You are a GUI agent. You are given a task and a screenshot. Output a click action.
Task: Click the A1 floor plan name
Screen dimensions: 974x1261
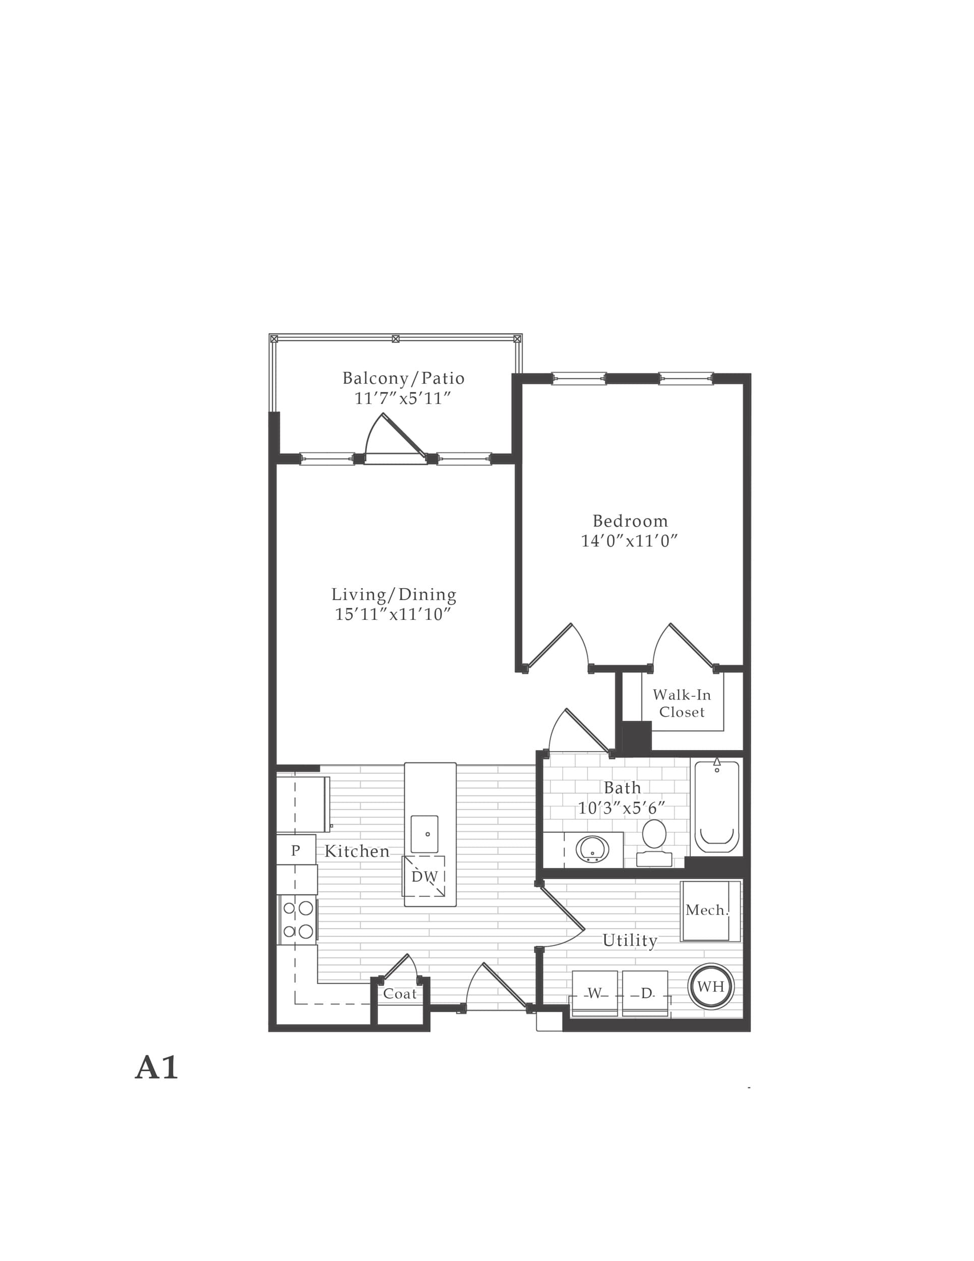[x=156, y=1068]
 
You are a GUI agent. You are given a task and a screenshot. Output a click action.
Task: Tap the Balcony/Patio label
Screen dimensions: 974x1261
[x=403, y=378]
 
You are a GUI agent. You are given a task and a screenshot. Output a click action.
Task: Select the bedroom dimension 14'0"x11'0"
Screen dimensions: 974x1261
[x=630, y=541]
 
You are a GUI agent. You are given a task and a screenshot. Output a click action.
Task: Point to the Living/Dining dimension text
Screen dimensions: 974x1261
[x=393, y=614]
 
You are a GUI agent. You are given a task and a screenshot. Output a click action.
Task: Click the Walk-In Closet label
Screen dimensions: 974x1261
[x=682, y=703]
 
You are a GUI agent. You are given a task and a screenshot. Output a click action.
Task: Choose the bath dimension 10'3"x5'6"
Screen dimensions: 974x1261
[x=622, y=808]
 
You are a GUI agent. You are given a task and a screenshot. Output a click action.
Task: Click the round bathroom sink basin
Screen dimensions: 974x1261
[x=592, y=849]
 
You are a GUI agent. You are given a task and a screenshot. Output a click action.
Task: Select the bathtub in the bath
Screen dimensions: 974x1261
[x=717, y=806]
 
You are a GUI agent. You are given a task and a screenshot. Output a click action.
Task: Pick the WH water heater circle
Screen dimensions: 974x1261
[x=711, y=986]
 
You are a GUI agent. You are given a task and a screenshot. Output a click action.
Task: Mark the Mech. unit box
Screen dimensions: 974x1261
[x=711, y=911]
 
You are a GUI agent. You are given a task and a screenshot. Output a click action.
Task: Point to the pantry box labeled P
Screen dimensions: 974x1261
[x=296, y=850]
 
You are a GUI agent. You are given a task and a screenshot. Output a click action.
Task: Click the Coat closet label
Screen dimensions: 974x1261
[x=400, y=994]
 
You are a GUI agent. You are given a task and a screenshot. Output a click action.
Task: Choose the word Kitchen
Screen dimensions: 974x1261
[x=357, y=851]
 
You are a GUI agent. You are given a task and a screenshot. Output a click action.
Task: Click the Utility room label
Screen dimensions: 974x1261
[x=630, y=941]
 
